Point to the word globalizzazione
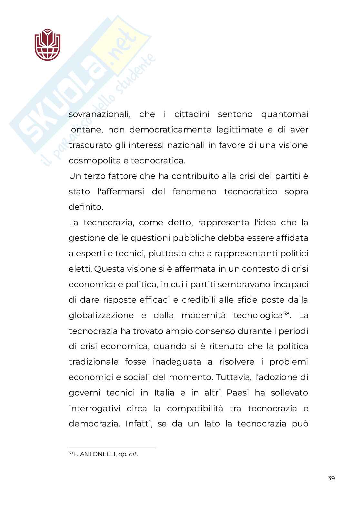(x=101, y=315)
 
